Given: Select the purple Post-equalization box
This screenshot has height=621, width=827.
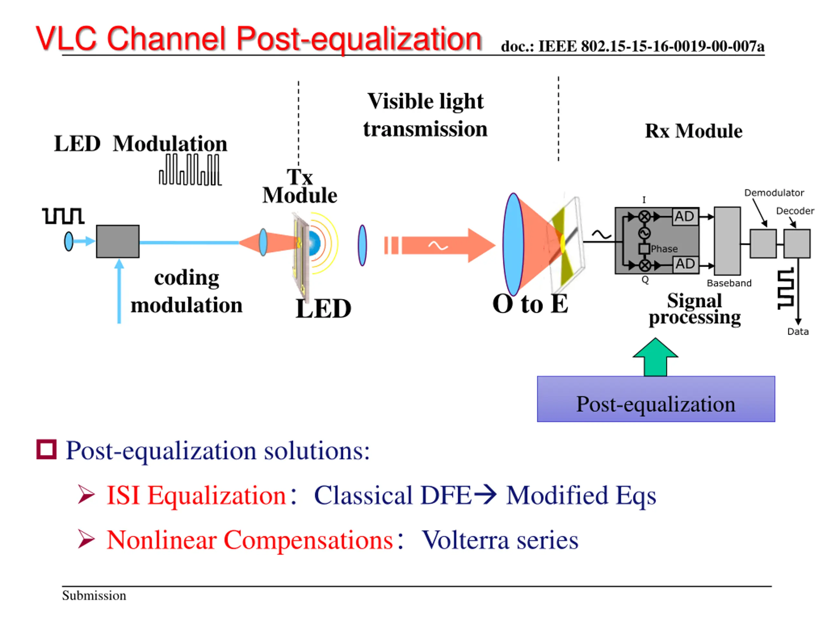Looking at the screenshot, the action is click(656, 399).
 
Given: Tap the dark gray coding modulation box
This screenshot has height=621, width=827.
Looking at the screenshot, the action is click(118, 241).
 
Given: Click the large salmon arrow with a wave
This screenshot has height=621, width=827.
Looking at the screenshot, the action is click(440, 245).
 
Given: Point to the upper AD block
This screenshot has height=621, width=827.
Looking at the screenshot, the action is click(685, 216).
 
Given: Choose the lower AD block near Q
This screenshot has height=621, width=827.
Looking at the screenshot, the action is click(685, 264).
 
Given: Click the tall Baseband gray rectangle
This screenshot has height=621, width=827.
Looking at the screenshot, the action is click(727, 241).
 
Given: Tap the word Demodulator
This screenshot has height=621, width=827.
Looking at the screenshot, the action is click(774, 193).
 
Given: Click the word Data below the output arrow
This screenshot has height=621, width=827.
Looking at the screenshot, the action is click(798, 332).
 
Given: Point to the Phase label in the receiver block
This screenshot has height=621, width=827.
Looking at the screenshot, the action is click(664, 249).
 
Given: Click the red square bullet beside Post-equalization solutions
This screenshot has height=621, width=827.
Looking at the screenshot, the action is click(47, 449).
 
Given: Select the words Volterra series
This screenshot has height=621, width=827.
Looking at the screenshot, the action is click(500, 540).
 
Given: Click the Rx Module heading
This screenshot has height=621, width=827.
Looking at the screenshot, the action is click(694, 131).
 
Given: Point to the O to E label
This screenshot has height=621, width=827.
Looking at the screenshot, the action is click(530, 304).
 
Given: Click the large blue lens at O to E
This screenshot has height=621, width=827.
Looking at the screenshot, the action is click(513, 245).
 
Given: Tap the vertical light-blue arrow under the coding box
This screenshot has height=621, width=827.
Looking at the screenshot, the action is click(119, 291).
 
